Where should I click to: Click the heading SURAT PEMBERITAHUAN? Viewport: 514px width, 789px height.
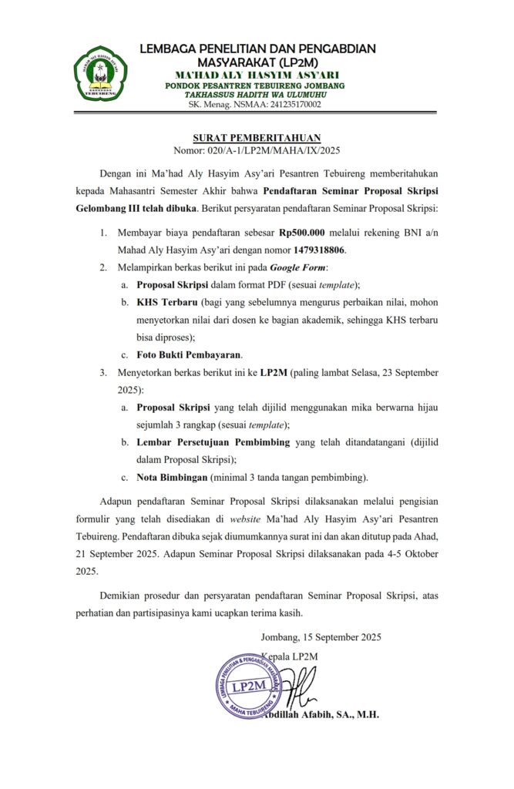pos(257,138)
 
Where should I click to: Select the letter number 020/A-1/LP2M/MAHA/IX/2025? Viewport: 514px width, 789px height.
pos(257,152)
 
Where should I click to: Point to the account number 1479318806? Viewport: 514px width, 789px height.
pos(320,250)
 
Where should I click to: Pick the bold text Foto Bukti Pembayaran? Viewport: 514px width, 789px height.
pos(189,354)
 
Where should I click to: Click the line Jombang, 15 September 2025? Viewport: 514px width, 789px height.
pos(321,637)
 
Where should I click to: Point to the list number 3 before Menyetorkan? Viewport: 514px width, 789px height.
pos(102,372)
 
